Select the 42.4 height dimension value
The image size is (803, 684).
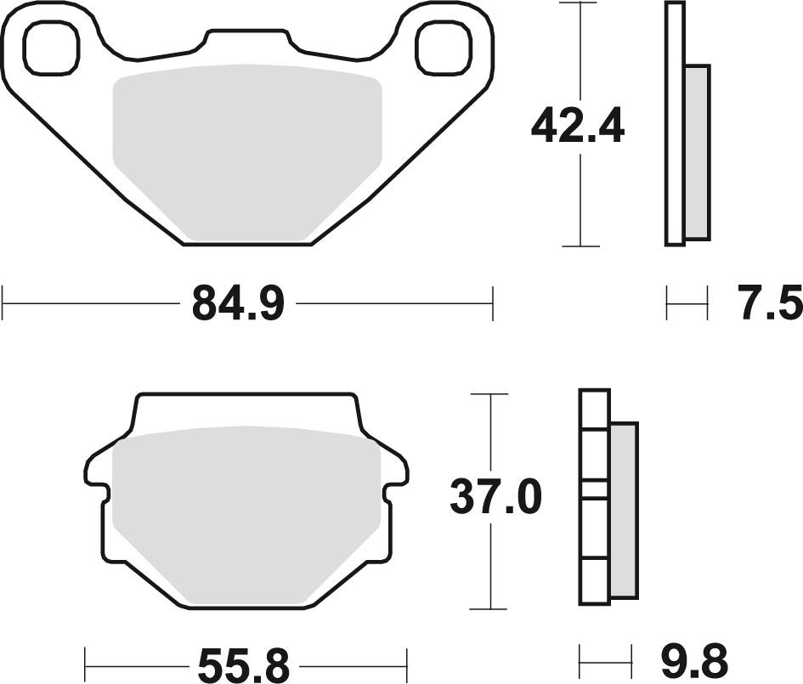click(x=578, y=126)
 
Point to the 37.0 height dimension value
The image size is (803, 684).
click(x=495, y=497)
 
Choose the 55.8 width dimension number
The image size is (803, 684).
click(x=244, y=665)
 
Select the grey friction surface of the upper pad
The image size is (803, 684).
click(x=246, y=152)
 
